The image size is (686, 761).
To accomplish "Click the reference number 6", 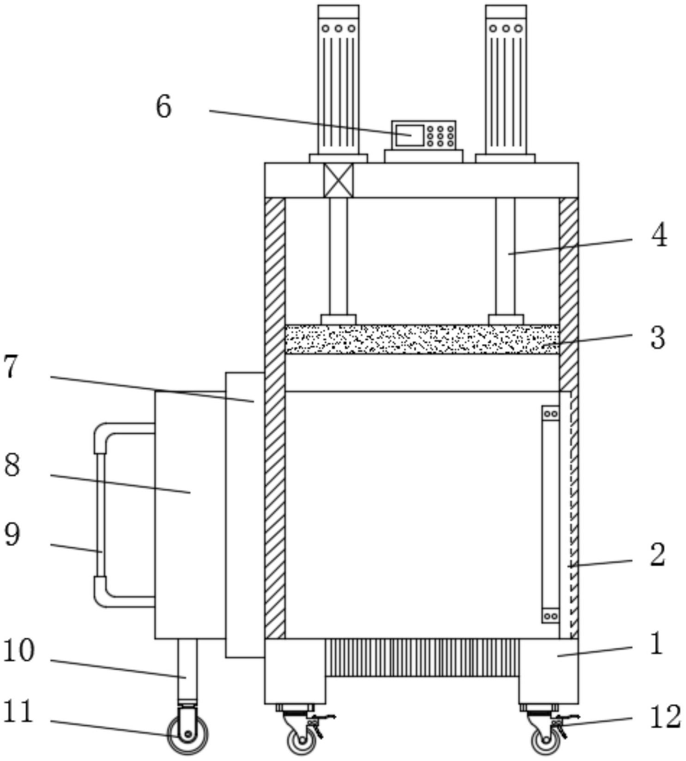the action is pos(164,106).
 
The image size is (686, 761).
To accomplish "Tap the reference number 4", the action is pos(659,235).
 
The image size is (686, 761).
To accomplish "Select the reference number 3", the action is pos(658,338).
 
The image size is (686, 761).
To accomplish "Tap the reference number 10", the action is pos(18,650).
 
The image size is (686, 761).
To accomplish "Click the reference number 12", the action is pos(666,717).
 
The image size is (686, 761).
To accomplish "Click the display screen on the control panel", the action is pos(410,135).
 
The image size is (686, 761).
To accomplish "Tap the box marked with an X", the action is pos(338,180).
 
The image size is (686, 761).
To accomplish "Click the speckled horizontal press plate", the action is pos(422,339).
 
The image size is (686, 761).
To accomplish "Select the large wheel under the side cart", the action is pos(188,735).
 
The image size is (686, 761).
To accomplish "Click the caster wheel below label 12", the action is pos(546,741).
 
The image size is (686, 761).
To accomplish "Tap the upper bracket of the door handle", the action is pos(550,413).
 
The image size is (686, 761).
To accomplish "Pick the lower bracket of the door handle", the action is pos(550,615).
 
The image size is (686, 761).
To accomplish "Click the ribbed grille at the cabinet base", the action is pos(422,657).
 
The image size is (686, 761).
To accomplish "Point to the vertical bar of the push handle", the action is pos(100,515).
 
